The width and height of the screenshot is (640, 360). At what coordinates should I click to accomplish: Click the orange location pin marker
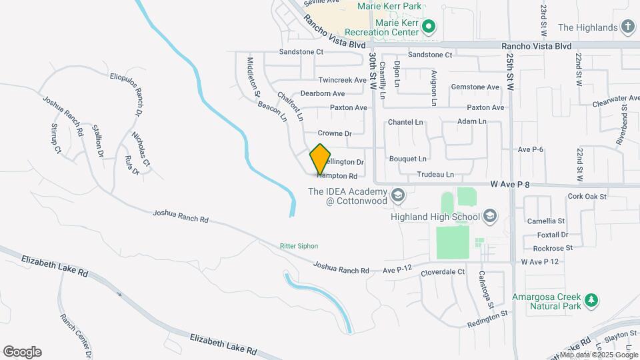[x=321, y=159]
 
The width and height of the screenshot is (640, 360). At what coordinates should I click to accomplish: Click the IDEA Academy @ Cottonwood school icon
[x=398, y=195]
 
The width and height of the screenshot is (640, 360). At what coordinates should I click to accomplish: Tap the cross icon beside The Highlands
[x=627, y=27]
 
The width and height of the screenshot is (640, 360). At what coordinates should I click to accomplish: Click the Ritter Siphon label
[x=299, y=246]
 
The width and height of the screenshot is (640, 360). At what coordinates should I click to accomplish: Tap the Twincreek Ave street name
[x=343, y=80]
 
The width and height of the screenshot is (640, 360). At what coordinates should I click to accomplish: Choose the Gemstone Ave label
[x=475, y=87]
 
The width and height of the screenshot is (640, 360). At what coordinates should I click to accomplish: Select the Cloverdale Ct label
[x=442, y=272]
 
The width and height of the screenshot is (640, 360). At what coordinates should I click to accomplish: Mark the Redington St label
[x=487, y=313]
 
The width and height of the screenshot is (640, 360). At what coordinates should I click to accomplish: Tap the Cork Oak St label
[x=587, y=197]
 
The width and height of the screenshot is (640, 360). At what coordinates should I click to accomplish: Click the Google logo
[x=22, y=352]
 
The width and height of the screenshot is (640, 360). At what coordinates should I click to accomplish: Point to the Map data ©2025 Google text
[x=599, y=355]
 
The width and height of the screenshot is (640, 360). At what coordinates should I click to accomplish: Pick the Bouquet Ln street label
[x=407, y=159]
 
